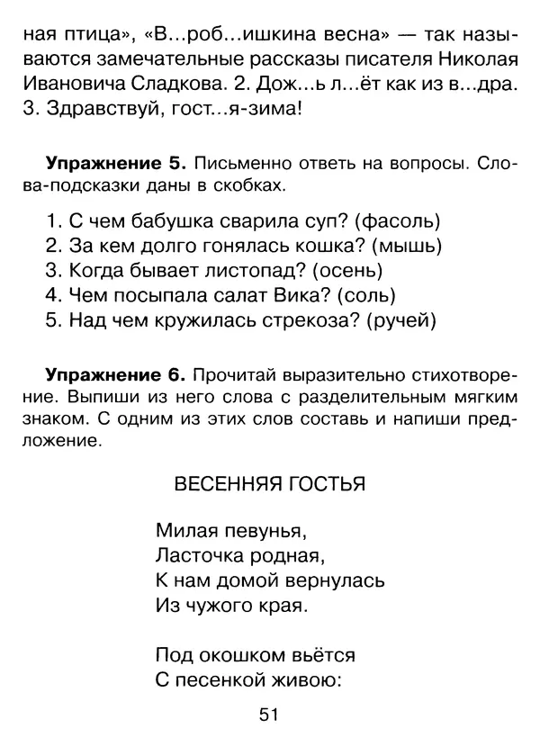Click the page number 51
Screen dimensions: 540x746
[270, 715]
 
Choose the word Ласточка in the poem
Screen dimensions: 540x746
[193, 552]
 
